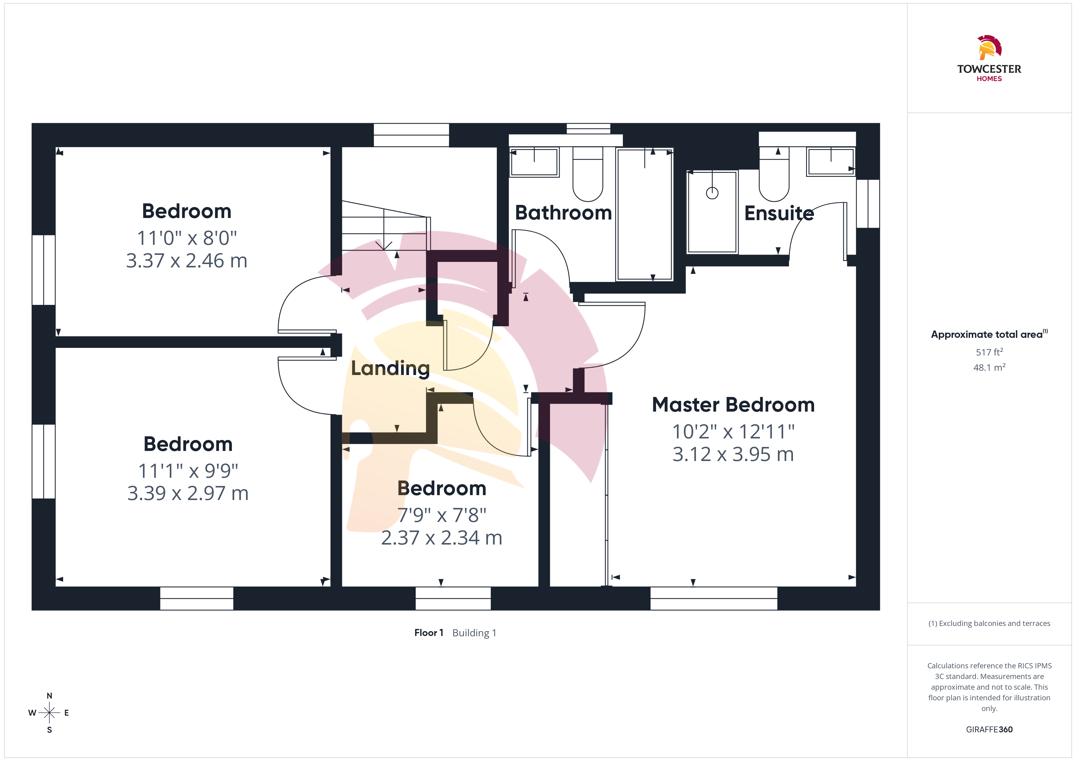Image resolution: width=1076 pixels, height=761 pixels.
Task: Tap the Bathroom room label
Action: (563, 213)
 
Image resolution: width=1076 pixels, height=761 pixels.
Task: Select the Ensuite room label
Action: (779, 213)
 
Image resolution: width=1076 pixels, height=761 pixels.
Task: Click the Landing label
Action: (390, 368)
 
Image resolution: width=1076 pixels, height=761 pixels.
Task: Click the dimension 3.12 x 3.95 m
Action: (733, 454)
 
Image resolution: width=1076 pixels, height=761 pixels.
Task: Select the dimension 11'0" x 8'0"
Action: (187, 238)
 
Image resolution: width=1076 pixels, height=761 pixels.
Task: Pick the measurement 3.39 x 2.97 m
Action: (188, 493)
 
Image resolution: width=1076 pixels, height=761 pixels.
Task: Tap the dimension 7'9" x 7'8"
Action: (441, 515)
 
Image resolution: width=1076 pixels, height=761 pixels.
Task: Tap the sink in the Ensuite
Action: (831, 162)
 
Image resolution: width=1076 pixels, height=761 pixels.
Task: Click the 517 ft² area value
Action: (989, 352)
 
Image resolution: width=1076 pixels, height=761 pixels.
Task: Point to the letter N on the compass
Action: (49, 696)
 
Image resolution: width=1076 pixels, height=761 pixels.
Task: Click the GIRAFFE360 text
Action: (989, 730)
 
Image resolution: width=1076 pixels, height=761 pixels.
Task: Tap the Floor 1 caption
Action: (428, 633)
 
